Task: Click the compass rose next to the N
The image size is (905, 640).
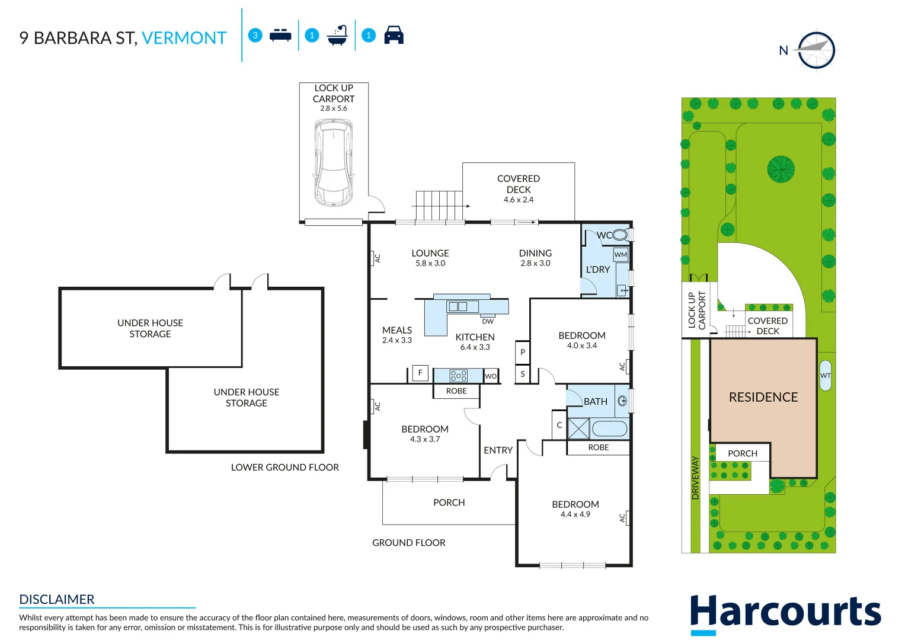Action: (x=816, y=50)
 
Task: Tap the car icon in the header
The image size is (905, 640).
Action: (x=394, y=35)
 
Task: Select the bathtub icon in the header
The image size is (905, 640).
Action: (x=337, y=36)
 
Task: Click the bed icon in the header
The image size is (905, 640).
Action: (x=280, y=36)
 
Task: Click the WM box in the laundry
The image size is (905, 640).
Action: (x=621, y=255)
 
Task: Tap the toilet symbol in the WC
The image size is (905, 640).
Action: (x=620, y=235)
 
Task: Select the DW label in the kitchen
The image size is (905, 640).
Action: (x=488, y=321)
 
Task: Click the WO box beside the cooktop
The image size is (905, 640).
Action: (x=491, y=376)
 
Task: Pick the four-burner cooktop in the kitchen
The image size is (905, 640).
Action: (x=458, y=376)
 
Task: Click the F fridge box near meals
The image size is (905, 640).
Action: (x=420, y=373)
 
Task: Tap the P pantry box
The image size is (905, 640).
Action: (x=522, y=352)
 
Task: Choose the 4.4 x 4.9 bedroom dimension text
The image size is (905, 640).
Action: (x=575, y=514)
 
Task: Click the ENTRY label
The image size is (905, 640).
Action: (x=498, y=450)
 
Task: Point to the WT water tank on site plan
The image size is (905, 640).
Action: (x=825, y=375)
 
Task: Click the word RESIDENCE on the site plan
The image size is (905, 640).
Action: (x=763, y=397)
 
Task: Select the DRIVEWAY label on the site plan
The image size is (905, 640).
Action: (x=695, y=478)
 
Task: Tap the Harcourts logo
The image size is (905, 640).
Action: (x=785, y=613)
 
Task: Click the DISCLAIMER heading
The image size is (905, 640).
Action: (x=57, y=599)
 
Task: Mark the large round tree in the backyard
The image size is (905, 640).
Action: (x=781, y=169)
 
